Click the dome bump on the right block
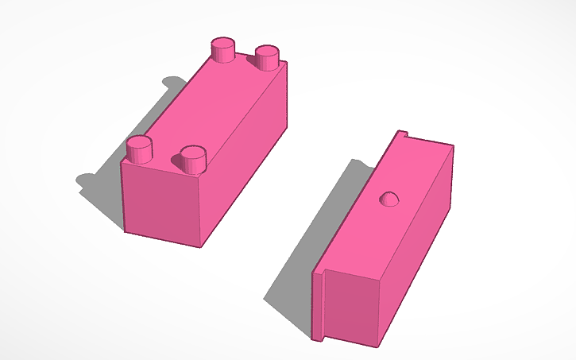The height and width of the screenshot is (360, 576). [x=389, y=199]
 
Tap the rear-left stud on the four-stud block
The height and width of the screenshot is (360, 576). [x=222, y=50]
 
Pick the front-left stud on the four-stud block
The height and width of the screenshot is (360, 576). [x=140, y=149]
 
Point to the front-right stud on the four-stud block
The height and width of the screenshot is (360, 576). [x=193, y=158]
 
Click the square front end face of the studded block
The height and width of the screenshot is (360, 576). [x=163, y=204]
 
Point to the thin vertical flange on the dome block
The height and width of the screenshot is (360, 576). [x=319, y=306]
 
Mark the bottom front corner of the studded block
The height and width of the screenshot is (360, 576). [x=199, y=246]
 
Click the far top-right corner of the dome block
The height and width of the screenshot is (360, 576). [x=452, y=146]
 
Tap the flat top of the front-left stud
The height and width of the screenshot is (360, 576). [x=140, y=142]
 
